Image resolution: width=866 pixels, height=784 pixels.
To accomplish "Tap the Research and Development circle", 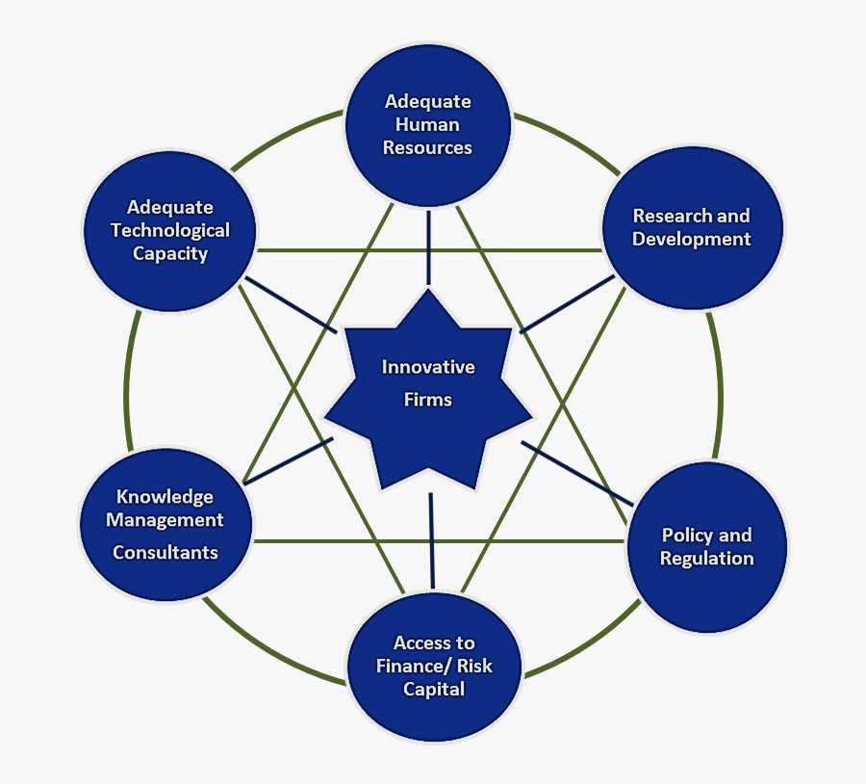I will [692, 227].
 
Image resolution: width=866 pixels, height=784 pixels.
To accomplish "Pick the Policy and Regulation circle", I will [707, 547].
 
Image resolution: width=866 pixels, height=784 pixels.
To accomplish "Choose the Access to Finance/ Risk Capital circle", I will [434, 666].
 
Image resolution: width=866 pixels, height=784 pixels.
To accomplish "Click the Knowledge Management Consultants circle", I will [165, 524].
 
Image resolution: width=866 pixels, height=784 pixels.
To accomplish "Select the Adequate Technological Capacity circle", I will [170, 230].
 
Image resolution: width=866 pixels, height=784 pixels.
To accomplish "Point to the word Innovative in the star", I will [428, 367].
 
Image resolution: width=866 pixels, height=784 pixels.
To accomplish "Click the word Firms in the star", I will [428, 399].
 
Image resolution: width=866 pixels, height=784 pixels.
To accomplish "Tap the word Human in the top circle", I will [428, 124].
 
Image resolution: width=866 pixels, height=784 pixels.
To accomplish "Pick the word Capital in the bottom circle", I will [434, 690].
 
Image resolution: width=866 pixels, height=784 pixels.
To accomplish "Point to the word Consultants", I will [166, 553].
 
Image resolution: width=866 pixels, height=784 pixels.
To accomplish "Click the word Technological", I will [170, 230].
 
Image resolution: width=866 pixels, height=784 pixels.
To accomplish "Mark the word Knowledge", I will [165, 497].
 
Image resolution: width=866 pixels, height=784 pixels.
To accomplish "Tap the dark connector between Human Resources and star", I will [428, 248].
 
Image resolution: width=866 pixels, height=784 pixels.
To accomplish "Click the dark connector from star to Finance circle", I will [431, 539].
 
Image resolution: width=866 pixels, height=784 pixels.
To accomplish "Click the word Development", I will [692, 239].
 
